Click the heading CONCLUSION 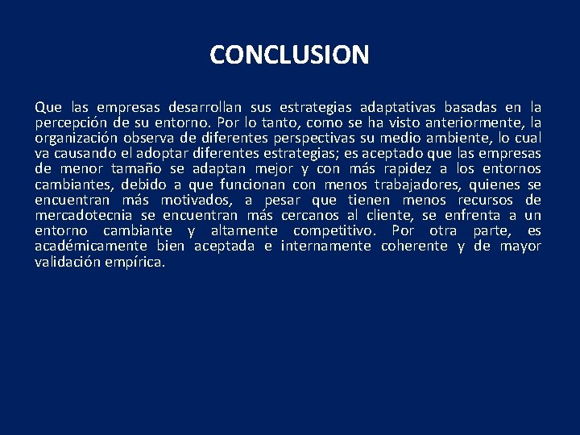coord(289,55)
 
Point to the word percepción coord(71,122)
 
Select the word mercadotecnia coord(85,215)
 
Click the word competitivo coord(332,230)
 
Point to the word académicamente coord(91,246)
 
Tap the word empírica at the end coord(135,261)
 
